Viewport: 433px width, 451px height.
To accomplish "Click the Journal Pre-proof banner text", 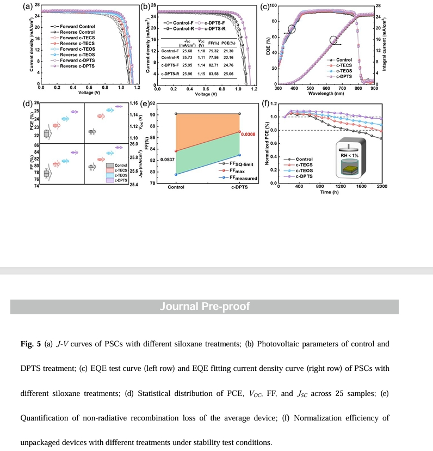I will click(x=204, y=306).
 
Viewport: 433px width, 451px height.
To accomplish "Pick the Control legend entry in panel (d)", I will click(x=117, y=165).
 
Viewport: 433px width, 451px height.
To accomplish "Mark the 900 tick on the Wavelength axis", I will click(x=374, y=87).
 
